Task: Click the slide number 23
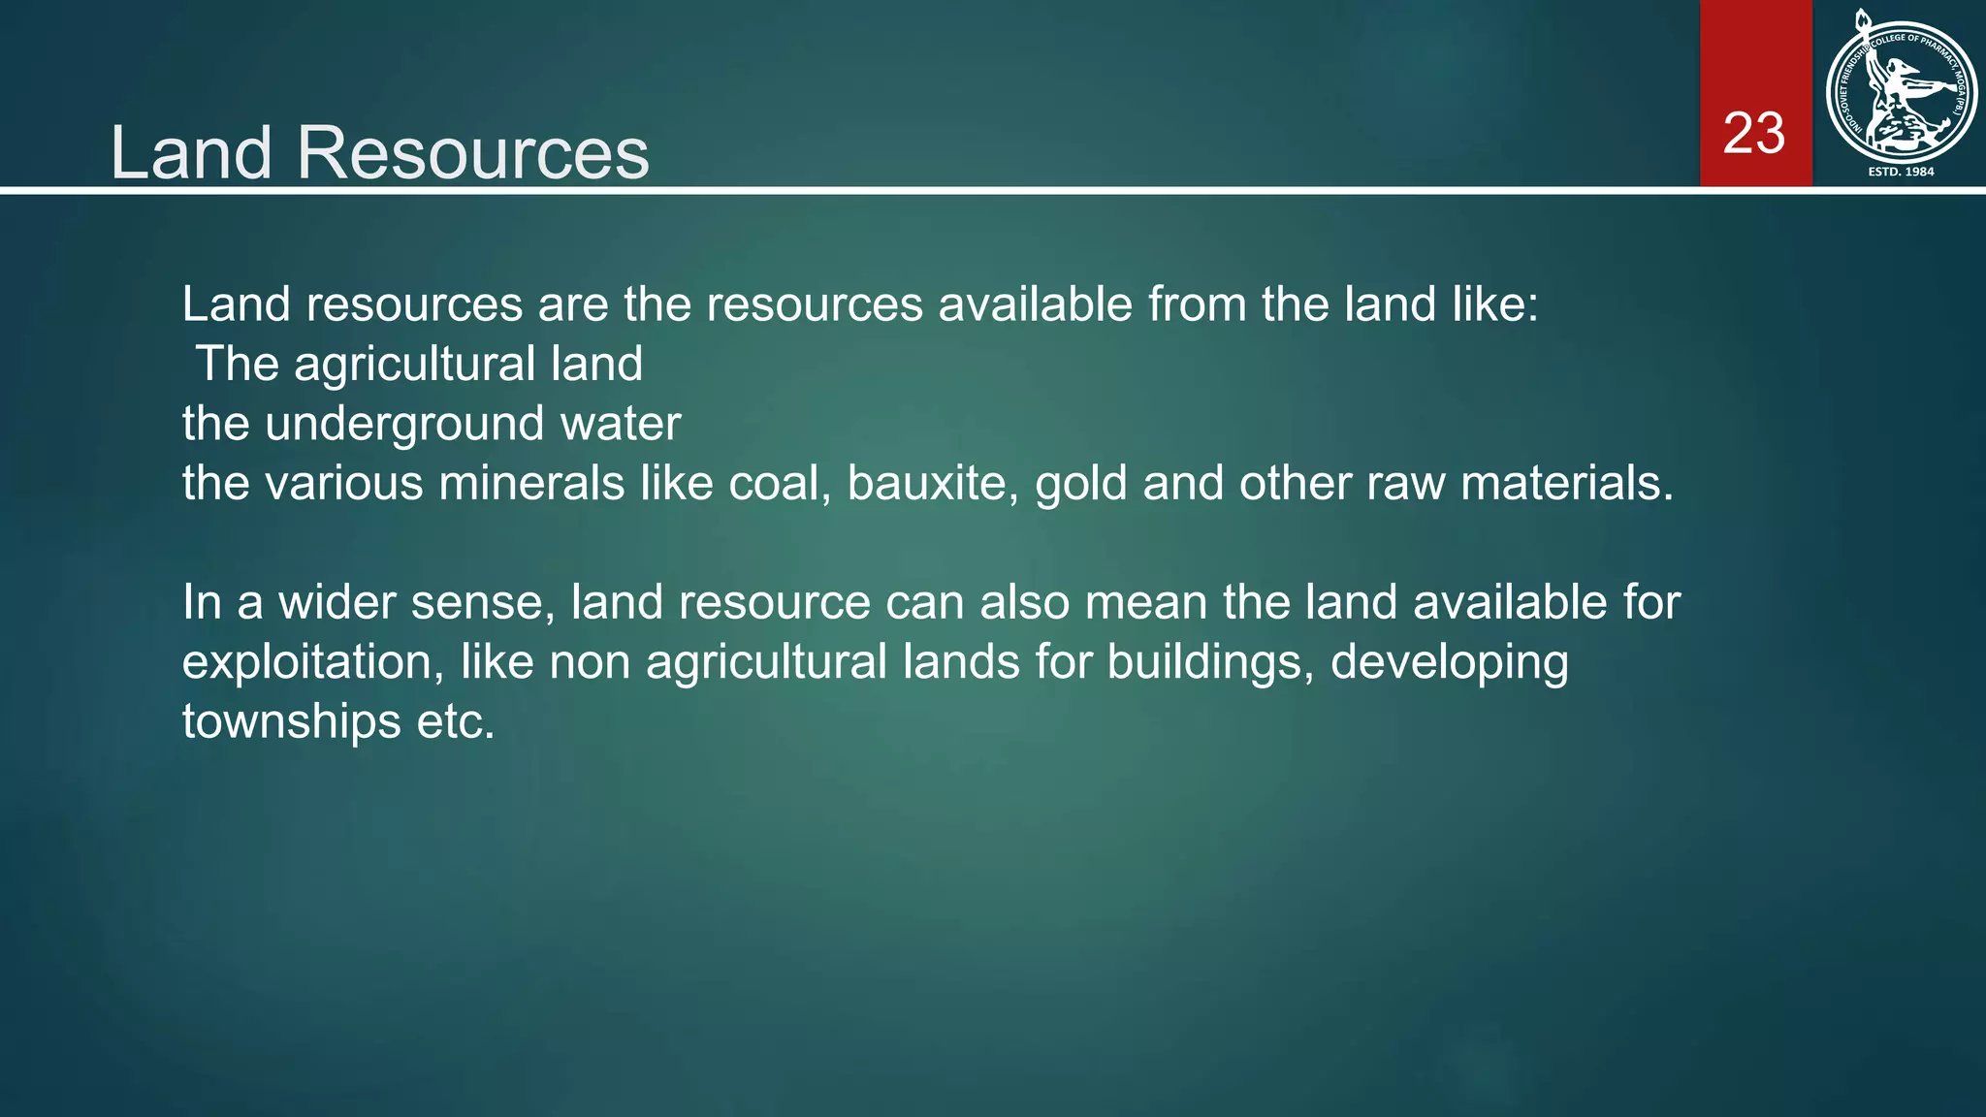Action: [x=1753, y=134]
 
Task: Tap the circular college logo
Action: [x=1901, y=92]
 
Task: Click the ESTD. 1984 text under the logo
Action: [x=1901, y=172]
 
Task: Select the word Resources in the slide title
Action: [x=472, y=153]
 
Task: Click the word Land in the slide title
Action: [x=190, y=153]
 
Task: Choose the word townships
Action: [x=291, y=722]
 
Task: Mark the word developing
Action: [x=1449, y=663]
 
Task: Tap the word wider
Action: [x=336, y=602]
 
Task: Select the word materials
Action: [x=1567, y=483]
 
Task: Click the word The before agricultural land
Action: [x=237, y=365]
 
